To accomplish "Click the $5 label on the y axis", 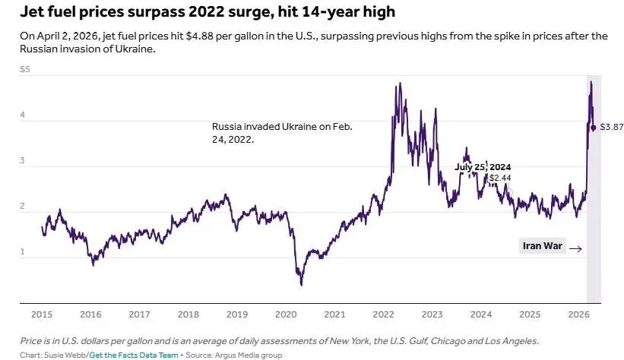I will point(25,70).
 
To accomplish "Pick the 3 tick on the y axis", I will point(23,161).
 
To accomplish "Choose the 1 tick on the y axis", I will point(23,252).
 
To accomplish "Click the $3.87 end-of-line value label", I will point(612,128).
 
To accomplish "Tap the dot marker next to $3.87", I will point(594,128).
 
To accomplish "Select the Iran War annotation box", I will point(543,245).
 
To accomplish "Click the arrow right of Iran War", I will point(575,248).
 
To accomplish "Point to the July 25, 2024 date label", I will point(483,167).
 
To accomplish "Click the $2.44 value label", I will point(500,178).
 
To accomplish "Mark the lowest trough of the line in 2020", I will point(301,285).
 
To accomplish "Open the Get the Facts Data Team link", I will point(134,355).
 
